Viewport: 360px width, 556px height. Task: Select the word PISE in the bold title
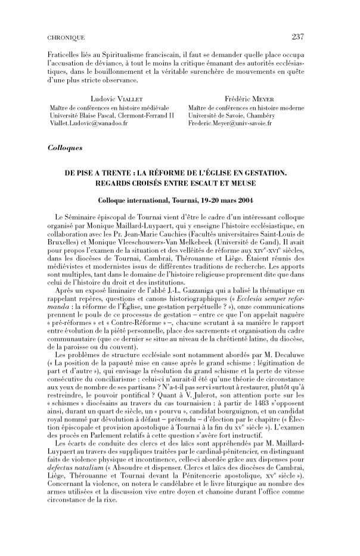(x=88, y=172)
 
